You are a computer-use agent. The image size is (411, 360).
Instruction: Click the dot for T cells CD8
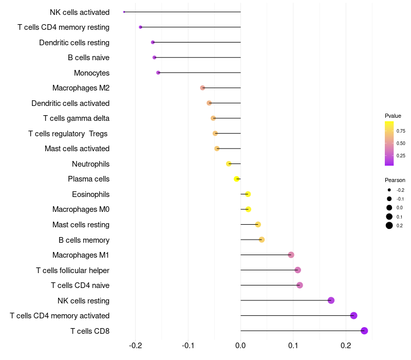coord(364,331)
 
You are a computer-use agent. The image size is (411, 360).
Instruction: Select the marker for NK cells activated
coord(124,12)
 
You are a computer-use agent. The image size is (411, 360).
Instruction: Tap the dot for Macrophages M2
coord(202,87)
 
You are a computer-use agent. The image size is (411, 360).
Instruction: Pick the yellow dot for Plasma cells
coord(236,179)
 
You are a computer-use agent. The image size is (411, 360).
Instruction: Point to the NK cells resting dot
coord(331,300)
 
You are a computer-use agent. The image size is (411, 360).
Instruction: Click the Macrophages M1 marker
coord(291,255)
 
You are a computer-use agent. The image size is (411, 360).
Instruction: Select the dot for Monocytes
coord(158,73)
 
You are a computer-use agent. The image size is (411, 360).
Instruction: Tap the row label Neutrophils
coord(91,164)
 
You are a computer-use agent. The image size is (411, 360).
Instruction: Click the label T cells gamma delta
coord(76,118)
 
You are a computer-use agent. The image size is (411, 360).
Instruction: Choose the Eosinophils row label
coord(91,194)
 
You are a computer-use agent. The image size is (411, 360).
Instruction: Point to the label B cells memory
coord(84,240)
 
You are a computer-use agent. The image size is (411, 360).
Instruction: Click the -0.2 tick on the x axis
coord(136,346)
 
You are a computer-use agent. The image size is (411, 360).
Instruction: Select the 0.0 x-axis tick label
coord(240,346)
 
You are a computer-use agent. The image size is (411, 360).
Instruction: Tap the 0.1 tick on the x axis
coord(293,346)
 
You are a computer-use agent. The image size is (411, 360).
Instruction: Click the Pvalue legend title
coord(393,116)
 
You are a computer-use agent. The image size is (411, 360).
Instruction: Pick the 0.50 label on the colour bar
coord(401,143)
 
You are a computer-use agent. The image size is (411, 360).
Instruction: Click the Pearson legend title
coord(395,181)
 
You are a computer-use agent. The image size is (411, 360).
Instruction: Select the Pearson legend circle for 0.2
coord(389,225)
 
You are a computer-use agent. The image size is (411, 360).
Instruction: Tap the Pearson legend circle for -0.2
coord(389,190)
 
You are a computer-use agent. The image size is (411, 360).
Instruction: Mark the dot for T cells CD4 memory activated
coord(353,315)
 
